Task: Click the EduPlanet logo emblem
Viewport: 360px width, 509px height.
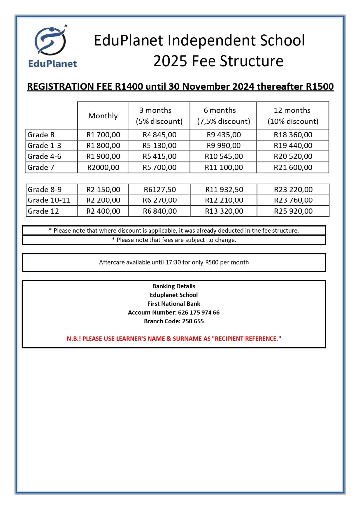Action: click(x=51, y=41)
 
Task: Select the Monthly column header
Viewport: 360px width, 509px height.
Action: click(x=103, y=116)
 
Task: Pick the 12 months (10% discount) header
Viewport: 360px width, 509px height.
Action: click(x=292, y=116)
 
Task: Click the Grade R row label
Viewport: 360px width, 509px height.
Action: click(x=41, y=135)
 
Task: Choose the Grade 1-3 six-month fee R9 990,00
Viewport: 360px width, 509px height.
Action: click(x=223, y=145)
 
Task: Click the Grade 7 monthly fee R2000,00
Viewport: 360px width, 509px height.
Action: click(x=103, y=167)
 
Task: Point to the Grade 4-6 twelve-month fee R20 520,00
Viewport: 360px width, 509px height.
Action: click(x=293, y=156)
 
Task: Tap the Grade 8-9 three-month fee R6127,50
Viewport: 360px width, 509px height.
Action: click(x=159, y=190)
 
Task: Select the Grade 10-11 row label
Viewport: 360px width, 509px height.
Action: click(x=49, y=200)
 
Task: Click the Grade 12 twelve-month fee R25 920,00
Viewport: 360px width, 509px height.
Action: click(x=293, y=211)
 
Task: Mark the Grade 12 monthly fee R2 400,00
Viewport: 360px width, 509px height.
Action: click(x=103, y=211)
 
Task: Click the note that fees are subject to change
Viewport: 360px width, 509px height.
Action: click(x=174, y=240)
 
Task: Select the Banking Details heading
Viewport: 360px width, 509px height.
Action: click(x=174, y=286)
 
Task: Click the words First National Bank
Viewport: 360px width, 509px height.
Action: click(x=174, y=304)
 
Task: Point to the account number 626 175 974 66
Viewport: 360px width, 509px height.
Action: click(x=199, y=312)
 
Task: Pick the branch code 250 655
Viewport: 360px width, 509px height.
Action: click(x=193, y=321)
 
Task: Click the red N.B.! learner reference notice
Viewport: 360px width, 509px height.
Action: click(x=174, y=339)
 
